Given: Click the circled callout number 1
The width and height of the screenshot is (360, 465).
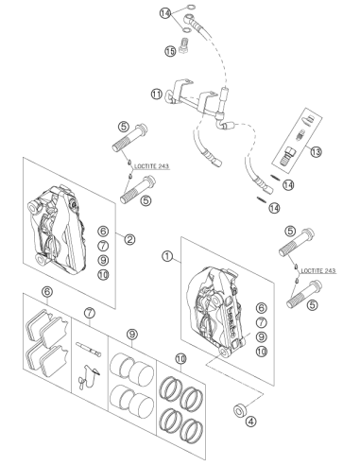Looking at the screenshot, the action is click(x=167, y=256).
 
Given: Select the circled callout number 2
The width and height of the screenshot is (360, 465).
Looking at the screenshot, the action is click(x=129, y=239).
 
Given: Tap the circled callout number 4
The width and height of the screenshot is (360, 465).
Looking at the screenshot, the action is click(x=250, y=422).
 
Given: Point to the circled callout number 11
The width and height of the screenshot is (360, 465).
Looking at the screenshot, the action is click(x=157, y=94).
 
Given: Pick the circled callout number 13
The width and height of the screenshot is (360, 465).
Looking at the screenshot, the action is click(x=316, y=152).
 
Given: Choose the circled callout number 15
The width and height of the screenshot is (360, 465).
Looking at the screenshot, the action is click(x=170, y=51).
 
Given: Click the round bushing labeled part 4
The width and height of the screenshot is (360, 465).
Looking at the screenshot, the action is click(x=240, y=409).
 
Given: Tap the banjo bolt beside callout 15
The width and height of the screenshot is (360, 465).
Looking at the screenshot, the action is click(x=183, y=44).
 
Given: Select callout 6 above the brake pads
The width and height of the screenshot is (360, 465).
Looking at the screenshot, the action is click(x=47, y=292).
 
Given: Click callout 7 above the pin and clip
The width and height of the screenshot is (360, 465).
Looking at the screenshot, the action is click(x=90, y=313).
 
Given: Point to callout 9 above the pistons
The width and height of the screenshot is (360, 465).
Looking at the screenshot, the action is click(x=132, y=334).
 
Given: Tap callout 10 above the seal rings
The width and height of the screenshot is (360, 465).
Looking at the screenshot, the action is click(x=180, y=358).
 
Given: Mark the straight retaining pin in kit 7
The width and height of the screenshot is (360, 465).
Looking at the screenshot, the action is click(x=88, y=350).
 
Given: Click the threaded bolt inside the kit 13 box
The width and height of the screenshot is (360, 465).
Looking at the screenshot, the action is click(x=286, y=156).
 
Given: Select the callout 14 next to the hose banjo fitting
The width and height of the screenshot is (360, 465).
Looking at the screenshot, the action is click(x=165, y=13).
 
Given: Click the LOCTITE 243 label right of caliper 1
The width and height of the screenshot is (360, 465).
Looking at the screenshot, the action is click(x=318, y=270).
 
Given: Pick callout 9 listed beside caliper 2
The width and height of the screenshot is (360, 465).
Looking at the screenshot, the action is click(x=103, y=260).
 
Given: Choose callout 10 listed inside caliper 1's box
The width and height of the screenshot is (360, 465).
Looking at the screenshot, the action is click(x=261, y=352).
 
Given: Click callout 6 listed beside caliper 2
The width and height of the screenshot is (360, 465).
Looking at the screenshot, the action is click(x=103, y=232).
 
